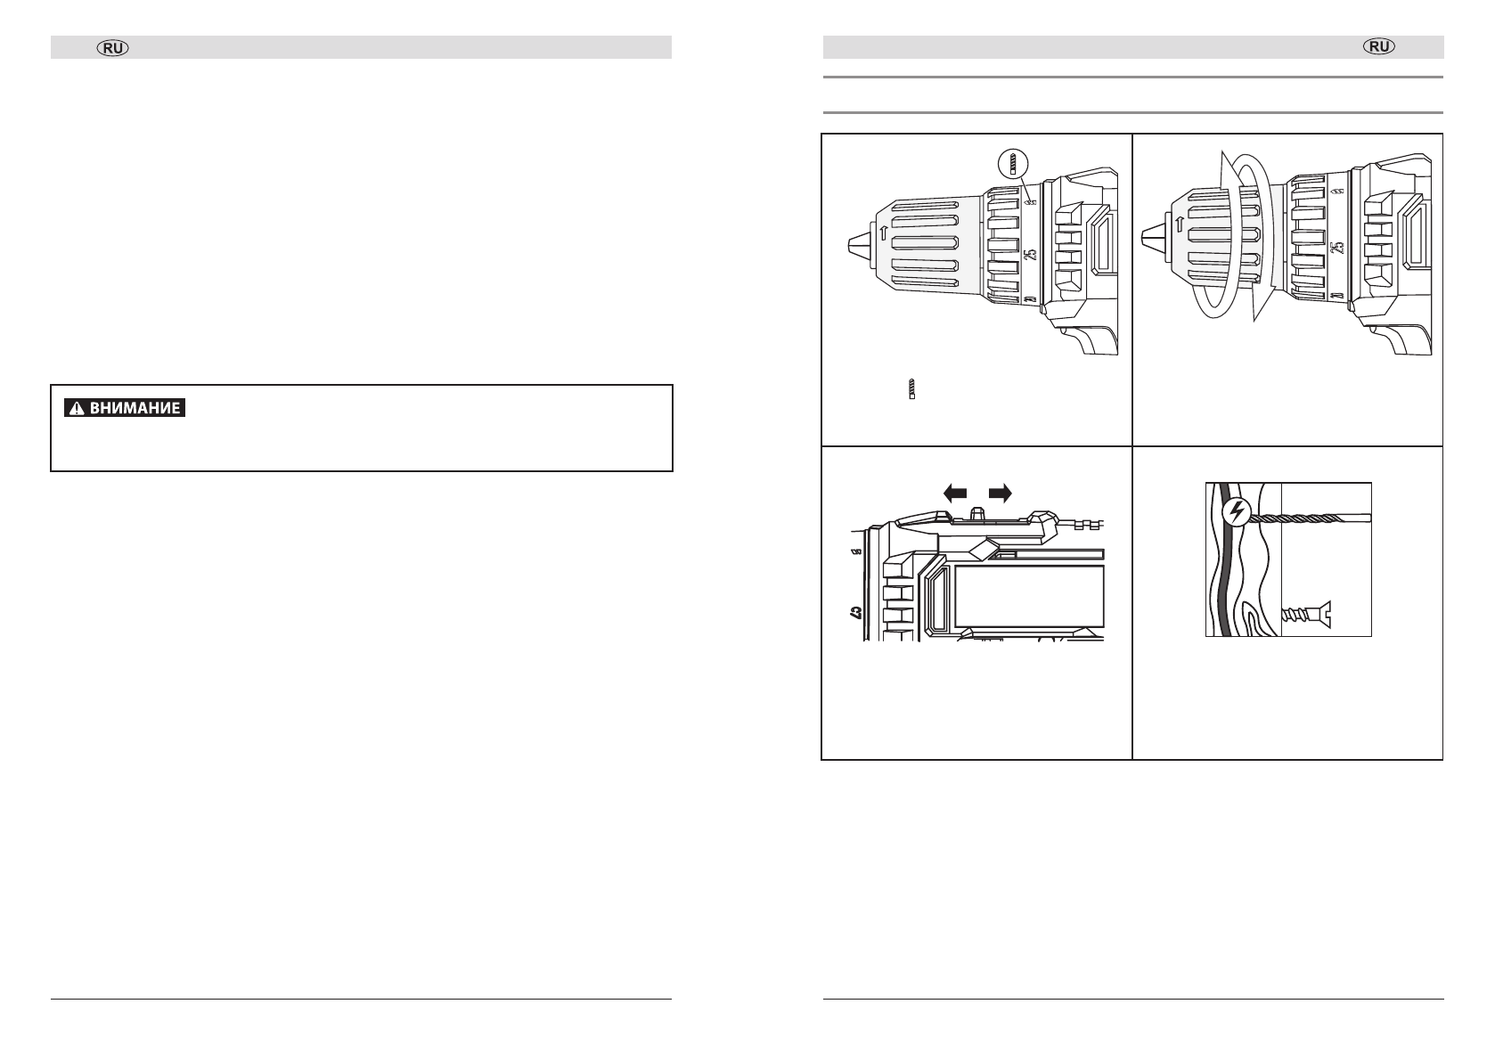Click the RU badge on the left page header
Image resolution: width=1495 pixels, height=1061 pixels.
click(x=113, y=47)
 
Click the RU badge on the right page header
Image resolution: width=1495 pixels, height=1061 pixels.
click(x=1379, y=45)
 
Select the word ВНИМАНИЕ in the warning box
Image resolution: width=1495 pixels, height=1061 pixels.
click(x=135, y=408)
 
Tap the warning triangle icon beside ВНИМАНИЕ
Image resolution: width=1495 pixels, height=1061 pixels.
click(x=77, y=408)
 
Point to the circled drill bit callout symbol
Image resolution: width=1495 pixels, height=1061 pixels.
click(x=1012, y=164)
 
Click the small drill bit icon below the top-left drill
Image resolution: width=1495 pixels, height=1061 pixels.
click(x=911, y=388)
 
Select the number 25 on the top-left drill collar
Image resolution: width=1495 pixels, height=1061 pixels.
click(x=1030, y=254)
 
